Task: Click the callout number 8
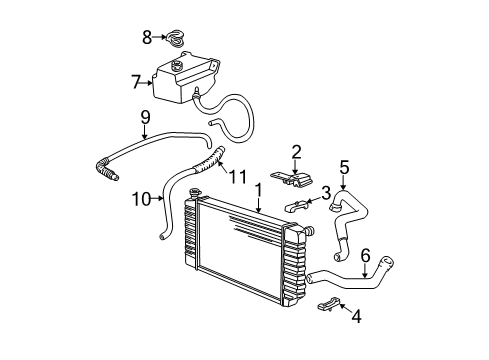[147, 38]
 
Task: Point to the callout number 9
[145, 117]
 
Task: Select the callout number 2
[296, 152]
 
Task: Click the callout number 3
[326, 191]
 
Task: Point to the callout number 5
[344, 167]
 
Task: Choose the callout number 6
[365, 255]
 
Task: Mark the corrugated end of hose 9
[105, 172]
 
